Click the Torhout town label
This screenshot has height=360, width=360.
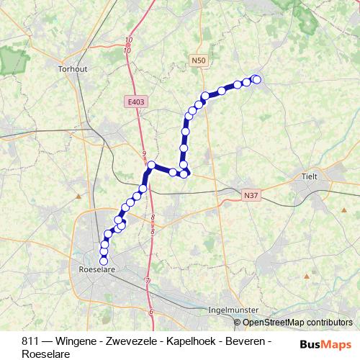tap(71, 70)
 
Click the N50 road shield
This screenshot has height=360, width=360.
tap(199, 63)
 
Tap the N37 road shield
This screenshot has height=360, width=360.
tap(250, 194)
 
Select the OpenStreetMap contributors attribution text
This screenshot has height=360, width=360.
tap(293, 323)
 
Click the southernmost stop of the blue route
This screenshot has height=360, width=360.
tap(104, 261)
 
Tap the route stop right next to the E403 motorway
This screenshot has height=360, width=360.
tap(151, 166)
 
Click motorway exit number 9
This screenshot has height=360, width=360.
tap(144, 154)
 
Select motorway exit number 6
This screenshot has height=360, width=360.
tap(151, 311)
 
